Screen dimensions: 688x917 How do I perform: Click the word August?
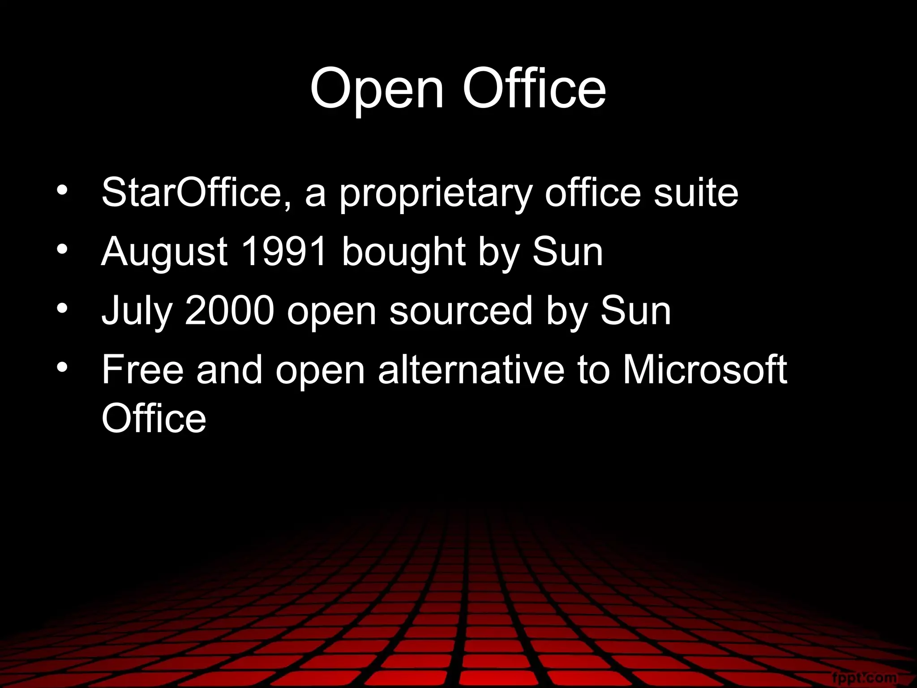pyautogui.click(x=164, y=252)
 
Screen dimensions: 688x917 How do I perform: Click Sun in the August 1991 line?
pyautogui.click(x=567, y=252)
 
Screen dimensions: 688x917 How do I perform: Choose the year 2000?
pyautogui.click(x=229, y=311)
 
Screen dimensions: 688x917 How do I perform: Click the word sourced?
pyautogui.click(x=461, y=311)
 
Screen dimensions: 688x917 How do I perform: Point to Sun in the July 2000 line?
pyautogui.click(x=635, y=311)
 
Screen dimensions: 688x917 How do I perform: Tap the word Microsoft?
pyautogui.click(x=704, y=370)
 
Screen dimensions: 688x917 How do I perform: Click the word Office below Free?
pyautogui.click(x=154, y=418)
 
